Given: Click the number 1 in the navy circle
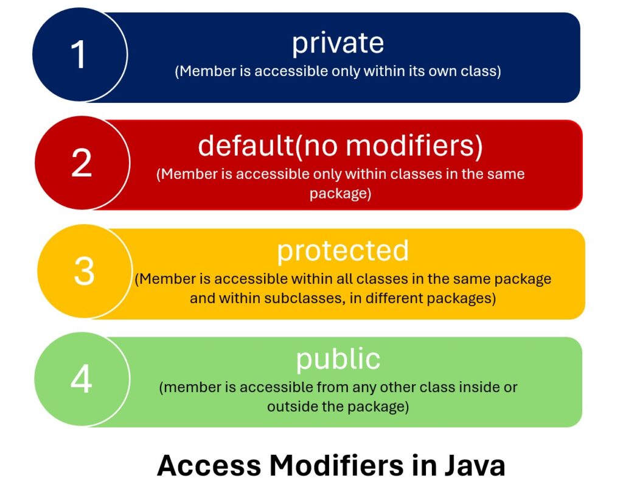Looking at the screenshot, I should [x=78, y=55].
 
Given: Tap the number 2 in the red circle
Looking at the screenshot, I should [x=82, y=163].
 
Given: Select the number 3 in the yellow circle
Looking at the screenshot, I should [x=84, y=271].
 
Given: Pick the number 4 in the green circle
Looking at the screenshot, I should [x=82, y=379].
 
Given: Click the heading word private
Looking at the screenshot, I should [x=338, y=43].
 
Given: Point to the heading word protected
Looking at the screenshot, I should [x=343, y=251].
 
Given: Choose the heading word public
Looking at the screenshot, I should [x=338, y=359].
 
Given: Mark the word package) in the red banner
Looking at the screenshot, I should [x=339, y=194].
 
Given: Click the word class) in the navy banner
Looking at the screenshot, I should [x=483, y=71].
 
